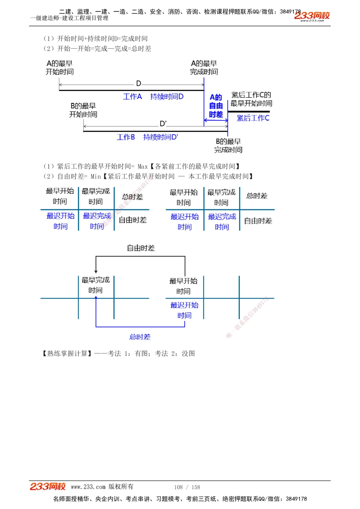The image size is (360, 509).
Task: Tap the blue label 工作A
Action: [x=132, y=96]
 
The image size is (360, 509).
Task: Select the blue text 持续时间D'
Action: [x=161, y=137]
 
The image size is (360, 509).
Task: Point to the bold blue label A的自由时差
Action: [x=216, y=106]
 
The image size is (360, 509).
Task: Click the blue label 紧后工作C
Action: [x=253, y=118]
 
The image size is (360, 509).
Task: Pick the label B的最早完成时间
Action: [x=228, y=146]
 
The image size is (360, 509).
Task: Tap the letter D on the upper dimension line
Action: [x=139, y=83]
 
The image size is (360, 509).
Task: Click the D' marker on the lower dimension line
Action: [x=163, y=124]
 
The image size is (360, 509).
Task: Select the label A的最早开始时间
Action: [x=60, y=68]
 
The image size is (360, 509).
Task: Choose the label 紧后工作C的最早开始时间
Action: [x=251, y=99]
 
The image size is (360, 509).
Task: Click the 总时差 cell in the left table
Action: [x=132, y=197]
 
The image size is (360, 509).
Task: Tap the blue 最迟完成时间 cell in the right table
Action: [x=222, y=222]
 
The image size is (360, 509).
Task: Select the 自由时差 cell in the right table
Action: [x=258, y=221]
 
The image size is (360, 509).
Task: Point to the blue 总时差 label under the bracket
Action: [x=140, y=337]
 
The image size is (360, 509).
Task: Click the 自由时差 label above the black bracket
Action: [x=141, y=248]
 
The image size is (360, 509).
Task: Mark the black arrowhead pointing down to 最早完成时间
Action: [x=96, y=271]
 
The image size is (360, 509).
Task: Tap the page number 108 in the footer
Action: [x=178, y=487]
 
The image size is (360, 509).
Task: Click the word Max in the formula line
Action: [x=143, y=167]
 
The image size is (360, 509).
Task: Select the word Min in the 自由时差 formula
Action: [x=96, y=177]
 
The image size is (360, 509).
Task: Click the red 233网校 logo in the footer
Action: [x=48, y=486]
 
